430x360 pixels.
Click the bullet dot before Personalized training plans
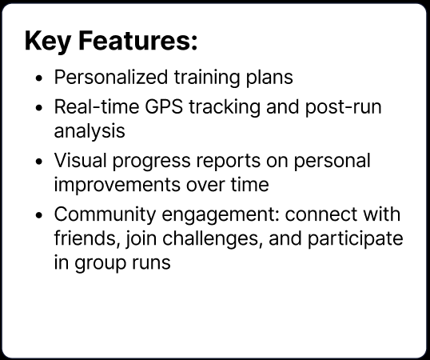click(41, 79)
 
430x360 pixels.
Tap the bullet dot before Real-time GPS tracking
click(41, 107)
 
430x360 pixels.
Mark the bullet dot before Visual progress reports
click(41, 161)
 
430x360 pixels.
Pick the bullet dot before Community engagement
click(41, 216)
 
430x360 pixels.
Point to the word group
click(103, 262)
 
